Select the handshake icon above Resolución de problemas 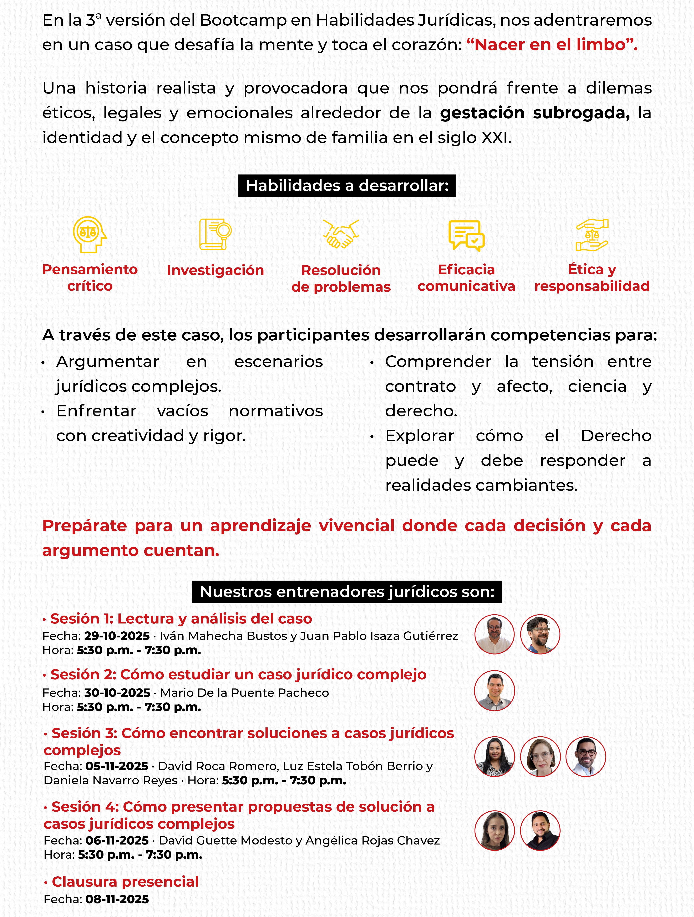[x=341, y=234]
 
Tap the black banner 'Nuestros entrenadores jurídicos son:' [x=347, y=592]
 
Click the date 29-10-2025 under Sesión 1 [x=117, y=636]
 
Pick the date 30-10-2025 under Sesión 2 [x=117, y=693]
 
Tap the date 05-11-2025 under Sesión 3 [x=116, y=766]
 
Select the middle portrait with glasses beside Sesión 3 [x=540, y=757]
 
